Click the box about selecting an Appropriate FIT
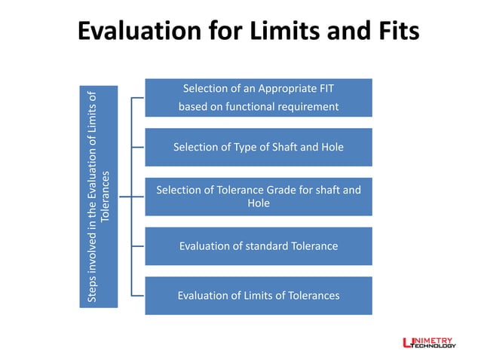[x=258, y=98]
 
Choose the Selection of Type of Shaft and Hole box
[x=258, y=148]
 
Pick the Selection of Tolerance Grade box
[x=258, y=197]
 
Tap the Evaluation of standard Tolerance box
[x=258, y=246]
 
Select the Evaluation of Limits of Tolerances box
[x=258, y=295]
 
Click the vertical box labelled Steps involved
[x=100, y=197]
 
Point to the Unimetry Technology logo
[x=430, y=343]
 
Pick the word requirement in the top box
[x=308, y=107]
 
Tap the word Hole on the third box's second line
[x=258, y=203]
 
